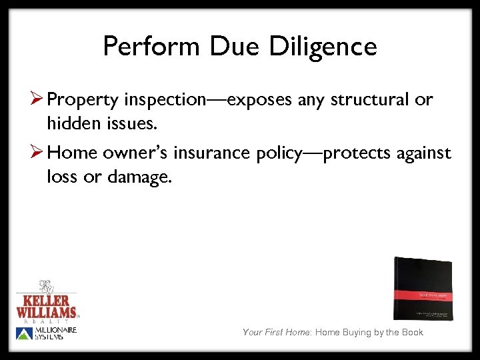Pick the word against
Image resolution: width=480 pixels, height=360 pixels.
click(x=419, y=153)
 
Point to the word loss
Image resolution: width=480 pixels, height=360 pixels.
click(x=62, y=177)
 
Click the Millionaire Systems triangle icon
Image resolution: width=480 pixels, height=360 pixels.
click(x=23, y=333)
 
